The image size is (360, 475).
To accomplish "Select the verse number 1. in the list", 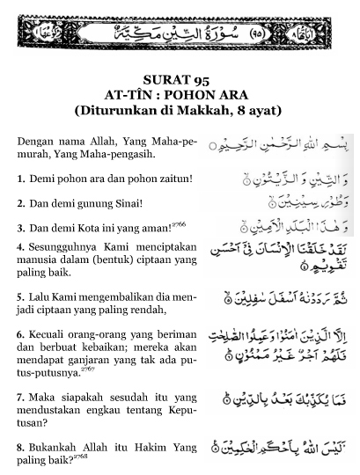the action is click(x=21, y=179).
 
